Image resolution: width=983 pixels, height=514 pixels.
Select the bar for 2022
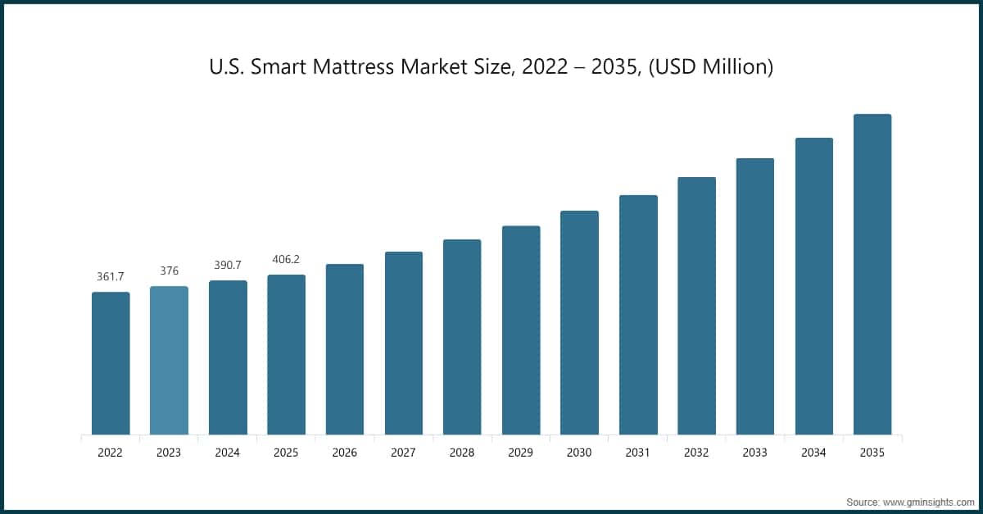pyautogui.click(x=111, y=363)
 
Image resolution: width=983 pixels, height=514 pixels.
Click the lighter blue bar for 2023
pyautogui.click(x=169, y=361)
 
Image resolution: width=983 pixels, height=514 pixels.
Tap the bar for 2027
pyautogui.click(x=404, y=343)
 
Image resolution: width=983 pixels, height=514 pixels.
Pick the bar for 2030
pyautogui.click(x=579, y=322)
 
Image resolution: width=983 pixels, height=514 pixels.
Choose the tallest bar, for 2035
pyautogui.click(x=872, y=274)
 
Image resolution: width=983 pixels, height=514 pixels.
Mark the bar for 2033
pyautogui.click(x=755, y=296)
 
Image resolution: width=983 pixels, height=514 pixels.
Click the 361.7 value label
pyautogui.click(x=111, y=277)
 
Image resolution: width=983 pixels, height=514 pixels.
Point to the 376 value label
pyautogui.click(x=169, y=271)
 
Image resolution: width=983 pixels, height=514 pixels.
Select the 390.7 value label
pyautogui.click(x=228, y=266)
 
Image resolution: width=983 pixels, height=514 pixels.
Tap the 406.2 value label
pyautogui.click(x=286, y=259)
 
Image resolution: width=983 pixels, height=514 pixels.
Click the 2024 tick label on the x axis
pyautogui.click(x=228, y=452)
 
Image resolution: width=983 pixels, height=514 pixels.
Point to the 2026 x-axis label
pyautogui.click(x=345, y=452)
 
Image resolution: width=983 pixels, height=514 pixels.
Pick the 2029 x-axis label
pyautogui.click(x=521, y=452)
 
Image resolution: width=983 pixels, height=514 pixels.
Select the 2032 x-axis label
pyautogui.click(x=696, y=452)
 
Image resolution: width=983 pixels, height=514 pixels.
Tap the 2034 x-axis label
pyautogui.click(x=813, y=452)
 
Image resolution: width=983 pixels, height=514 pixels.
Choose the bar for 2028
pyautogui.click(x=462, y=337)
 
